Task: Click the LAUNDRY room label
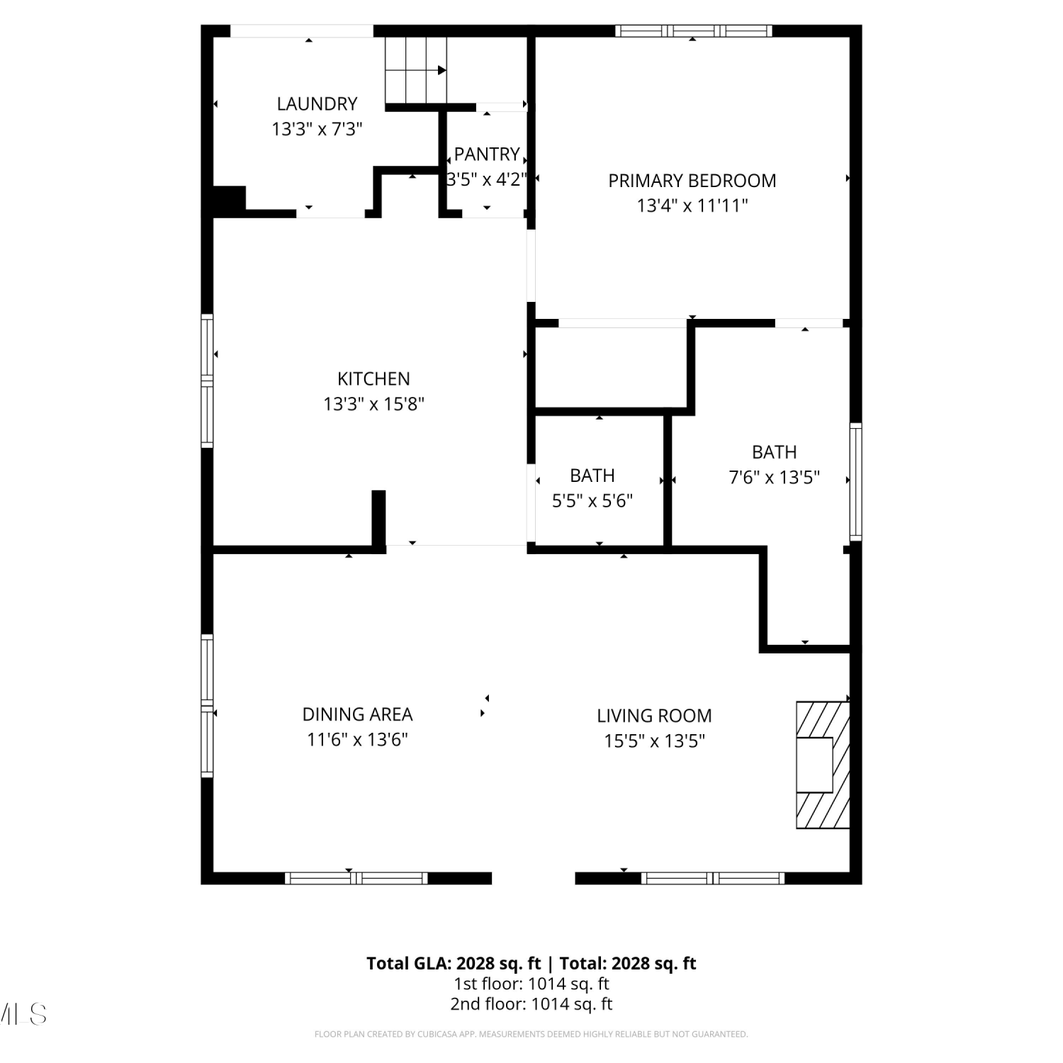(317, 103)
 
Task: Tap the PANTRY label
(487, 154)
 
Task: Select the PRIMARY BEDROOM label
(692, 181)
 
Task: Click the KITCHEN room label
(373, 378)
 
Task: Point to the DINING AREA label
(357, 714)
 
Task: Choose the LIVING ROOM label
(654, 716)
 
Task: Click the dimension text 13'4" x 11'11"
(692, 206)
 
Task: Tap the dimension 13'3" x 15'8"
(373, 404)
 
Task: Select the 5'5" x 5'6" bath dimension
(592, 501)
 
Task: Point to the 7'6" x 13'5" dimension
(775, 477)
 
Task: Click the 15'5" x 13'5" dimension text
(654, 741)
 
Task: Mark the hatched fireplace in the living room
(823, 765)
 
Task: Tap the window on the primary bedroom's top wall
(693, 30)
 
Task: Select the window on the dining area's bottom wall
(356, 878)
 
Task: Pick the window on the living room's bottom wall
(713, 878)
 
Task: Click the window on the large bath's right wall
(856, 482)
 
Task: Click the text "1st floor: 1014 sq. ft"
(531, 984)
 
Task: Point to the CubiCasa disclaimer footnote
(531, 1034)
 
